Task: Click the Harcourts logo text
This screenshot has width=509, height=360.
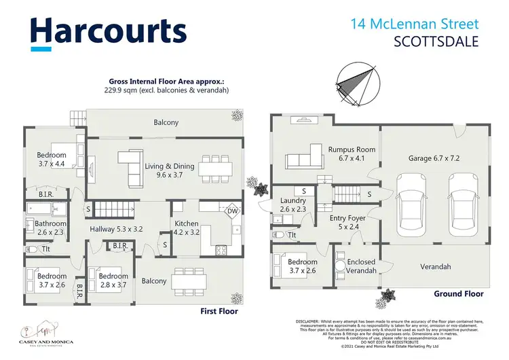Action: [109, 31]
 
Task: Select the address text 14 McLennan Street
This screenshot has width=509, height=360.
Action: [415, 24]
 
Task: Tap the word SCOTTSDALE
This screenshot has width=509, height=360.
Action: [436, 42]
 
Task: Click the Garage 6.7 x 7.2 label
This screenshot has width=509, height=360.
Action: [434, 158]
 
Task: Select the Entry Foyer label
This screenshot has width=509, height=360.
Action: [347, 222]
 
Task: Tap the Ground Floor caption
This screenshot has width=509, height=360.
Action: [458, 294]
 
